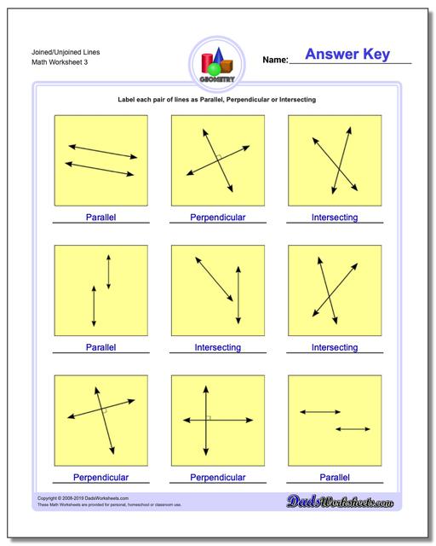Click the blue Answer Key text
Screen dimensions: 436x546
tap(347, 55)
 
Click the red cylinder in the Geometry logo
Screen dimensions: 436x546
tap(206, 63)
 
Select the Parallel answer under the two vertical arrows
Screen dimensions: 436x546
tap(100, 347)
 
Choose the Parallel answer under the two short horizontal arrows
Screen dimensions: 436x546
tap(334, 477)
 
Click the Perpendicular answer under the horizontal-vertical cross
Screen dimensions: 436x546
tap(217, 477)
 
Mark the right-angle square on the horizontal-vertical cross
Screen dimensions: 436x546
tap(207, 417)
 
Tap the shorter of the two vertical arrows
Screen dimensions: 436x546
tap(108, 271)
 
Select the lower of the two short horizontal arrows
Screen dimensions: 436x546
tap(350, 428)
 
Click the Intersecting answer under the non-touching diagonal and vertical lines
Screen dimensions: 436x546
tap(217, 347)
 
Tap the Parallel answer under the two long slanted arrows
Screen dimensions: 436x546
tap(100, 218)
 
